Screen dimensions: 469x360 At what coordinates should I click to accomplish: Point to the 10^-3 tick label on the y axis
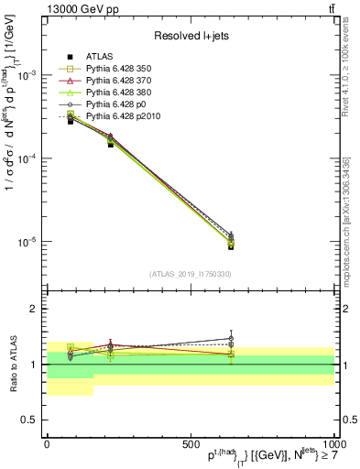coord(28,75)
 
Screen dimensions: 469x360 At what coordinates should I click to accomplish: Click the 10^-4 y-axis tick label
coord(28,158)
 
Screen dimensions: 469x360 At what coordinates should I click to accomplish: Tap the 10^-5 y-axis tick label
coord(28,242)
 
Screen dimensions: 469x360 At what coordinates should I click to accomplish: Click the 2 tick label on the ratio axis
coord(35,310)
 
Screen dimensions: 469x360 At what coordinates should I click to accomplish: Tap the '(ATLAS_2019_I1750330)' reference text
coord(190,273)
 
